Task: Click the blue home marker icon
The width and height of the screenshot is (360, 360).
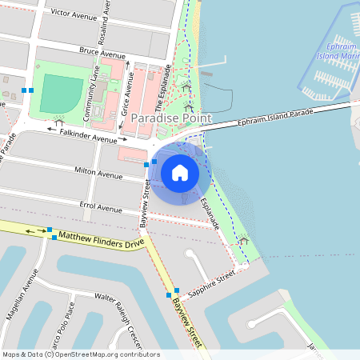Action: pos(180,172)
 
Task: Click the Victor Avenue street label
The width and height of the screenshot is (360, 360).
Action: pos(73,14)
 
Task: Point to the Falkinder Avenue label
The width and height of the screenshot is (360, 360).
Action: pos(88,136)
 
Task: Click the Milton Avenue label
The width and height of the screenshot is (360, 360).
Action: pos(98,173)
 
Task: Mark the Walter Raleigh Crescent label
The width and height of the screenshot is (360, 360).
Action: pos(118,309)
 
